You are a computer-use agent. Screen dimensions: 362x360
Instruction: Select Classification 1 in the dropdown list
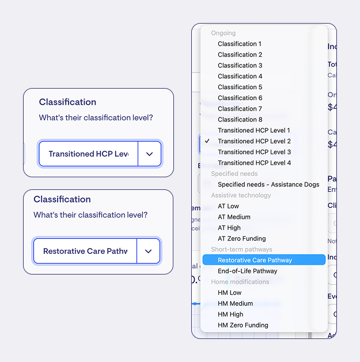[x=240, y=44]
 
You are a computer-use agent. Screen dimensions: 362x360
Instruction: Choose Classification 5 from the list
[x=240, y=87]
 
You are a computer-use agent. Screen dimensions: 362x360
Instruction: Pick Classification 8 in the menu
[x=240, y=120]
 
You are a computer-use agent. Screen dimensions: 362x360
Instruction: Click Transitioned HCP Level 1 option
[x=254, y=131]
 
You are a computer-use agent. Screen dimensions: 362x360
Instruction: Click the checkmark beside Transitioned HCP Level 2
[x=207, y=141]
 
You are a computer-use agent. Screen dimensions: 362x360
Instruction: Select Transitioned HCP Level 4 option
[x=254, y=163]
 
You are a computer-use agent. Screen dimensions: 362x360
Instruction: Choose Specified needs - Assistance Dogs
[x=268, y=185]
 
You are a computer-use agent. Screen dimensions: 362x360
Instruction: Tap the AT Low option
[x=228, y=206]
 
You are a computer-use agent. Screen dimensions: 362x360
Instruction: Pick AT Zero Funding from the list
[x=242, y=239]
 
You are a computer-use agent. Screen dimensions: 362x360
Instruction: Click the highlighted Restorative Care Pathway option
[x=255, y=260]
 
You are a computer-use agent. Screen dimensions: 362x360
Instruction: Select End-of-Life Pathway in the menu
[x=247, y=271]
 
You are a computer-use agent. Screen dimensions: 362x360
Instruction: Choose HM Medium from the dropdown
[x=235, y=304]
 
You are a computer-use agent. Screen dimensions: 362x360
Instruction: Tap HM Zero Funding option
[x=243, y=325]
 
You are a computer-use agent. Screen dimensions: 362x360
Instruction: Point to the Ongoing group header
[x=223, y=33]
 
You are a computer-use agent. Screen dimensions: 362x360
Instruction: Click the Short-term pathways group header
[x=241, y=250]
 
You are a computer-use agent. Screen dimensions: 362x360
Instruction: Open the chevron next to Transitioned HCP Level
[x=149, y=154]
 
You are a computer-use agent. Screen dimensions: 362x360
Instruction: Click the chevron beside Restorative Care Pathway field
[x=148, y=252]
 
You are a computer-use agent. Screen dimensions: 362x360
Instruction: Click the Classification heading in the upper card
[x=67, y=102]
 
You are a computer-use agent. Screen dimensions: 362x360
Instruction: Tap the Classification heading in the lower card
[x=62, y=199]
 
